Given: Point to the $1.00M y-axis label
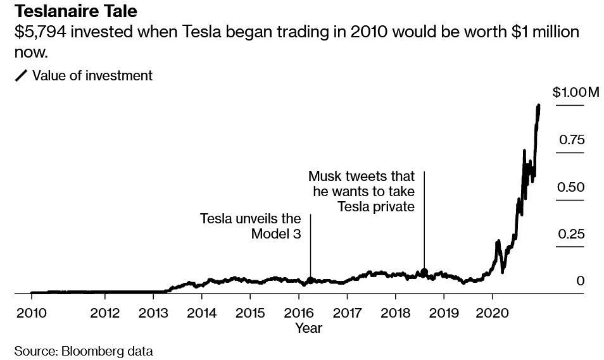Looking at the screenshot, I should [x=576, y=92].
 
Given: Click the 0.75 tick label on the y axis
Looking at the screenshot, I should [x=571, y=140].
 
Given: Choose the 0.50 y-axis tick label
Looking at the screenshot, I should [x=571, y=187].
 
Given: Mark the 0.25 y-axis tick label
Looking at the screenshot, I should [x=571, y=234].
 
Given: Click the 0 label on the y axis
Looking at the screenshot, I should [x=580, y=281].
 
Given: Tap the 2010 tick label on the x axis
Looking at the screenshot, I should [x=31, y=313].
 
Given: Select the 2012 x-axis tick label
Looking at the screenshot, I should [x=104, y=313].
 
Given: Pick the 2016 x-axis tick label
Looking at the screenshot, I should [x=298, y=313].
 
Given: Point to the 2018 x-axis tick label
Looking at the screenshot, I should [x=395, y=313].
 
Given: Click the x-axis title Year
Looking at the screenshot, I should [x=308, y=328].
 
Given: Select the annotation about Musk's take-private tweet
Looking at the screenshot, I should [x=361, y=191].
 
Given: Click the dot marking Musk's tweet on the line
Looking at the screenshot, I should [x=424, y=272].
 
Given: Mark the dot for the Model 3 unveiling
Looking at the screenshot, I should [x=310, y=279].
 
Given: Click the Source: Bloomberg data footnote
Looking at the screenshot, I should [x=84, y=351].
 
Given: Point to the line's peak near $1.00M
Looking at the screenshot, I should [x=539, y=106].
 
